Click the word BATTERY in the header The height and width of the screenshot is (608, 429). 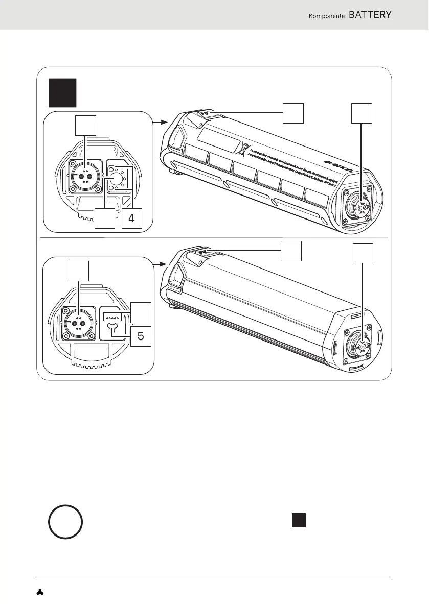pos(370,15)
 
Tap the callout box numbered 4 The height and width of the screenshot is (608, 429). pos(131,219)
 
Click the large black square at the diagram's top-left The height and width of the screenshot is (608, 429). pos(62,92)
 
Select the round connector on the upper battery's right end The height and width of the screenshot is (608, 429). pos(360,206)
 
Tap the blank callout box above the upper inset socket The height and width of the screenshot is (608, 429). pos(85,125)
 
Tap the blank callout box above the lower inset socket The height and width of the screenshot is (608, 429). pos(78,271)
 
